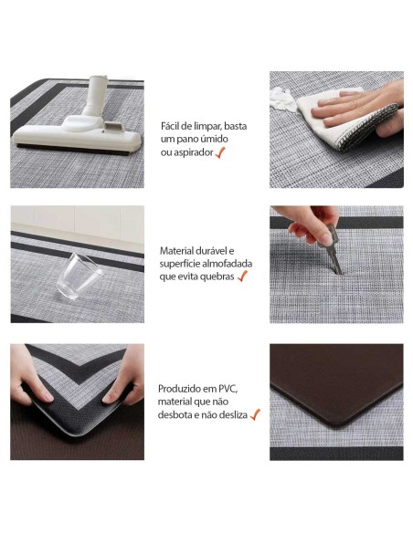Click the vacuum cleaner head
pyautogui.click(x=77, y=135)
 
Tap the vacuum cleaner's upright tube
pyautogui.click(x=97, y=95)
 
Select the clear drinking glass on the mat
pyautogui.click(x=79, y=277)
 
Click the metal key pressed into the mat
pyautogui.click(x=333, y=249)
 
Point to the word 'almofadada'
pyautogui.click(x=228, y=264)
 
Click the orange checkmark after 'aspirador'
pyautogui.click(x=220, y=152)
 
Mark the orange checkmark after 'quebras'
pyautogui.click(x=242, y=276)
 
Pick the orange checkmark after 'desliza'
pyautogui.click(x=255, y=414)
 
